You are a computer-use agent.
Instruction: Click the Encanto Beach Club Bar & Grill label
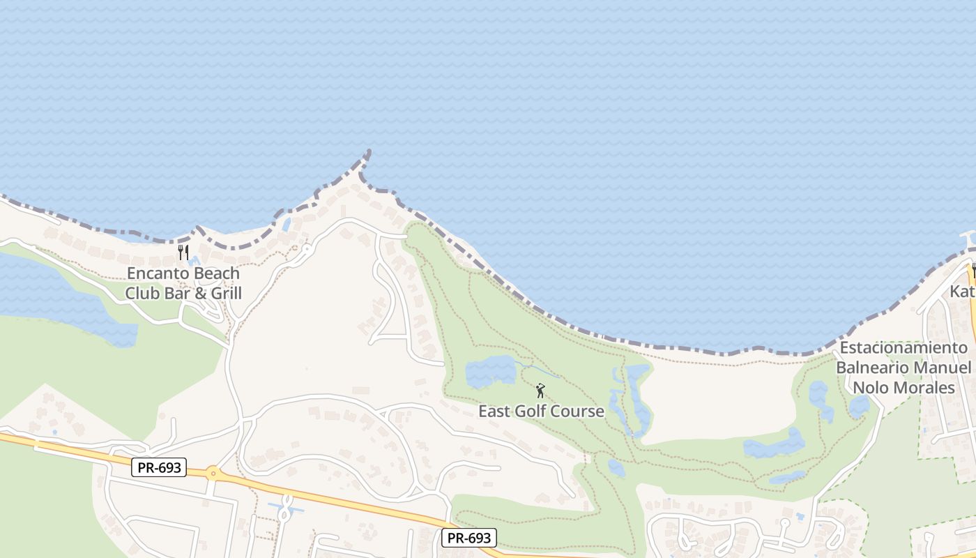click(x=183, y=283)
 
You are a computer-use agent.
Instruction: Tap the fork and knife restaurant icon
click(x=183, y=252)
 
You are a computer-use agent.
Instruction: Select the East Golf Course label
click(x=541, y=411)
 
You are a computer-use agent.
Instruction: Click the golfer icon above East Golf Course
click(x=540, y=391)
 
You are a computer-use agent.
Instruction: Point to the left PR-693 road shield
click(x=159, y=467)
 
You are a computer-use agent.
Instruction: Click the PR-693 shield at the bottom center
click(x=469, y=538)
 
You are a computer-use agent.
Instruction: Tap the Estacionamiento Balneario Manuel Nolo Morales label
click(x=903, y=368)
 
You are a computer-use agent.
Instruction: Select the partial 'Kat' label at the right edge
click(x=963, y=291)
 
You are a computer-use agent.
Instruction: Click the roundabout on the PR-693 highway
click(x=213, y=474)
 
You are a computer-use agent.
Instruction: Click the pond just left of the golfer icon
click(x=490, y=371)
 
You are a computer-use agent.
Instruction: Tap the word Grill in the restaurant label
click(x=227, y=293)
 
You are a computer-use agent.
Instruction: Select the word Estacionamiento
click(x=903, y=347)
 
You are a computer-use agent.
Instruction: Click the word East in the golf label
click(x=494, y=411)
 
